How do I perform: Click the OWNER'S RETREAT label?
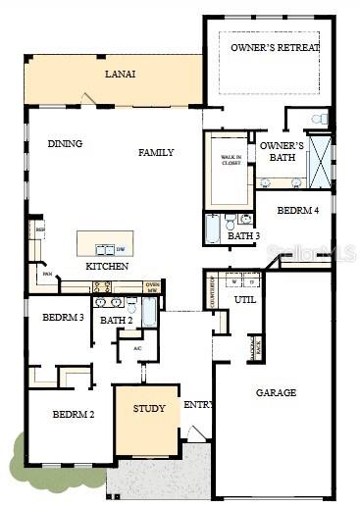coord(275,47)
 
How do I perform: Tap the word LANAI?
coord(122,74)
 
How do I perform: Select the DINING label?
coord(65,144)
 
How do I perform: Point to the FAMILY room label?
coord(156,152)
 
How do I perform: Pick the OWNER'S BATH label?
coord(282,151)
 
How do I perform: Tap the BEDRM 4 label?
coord(297,210)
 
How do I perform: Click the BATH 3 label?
coord(243,235)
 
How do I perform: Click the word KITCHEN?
coord(107,267)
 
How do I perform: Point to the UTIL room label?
coord(244,299)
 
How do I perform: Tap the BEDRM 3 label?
coord(62,317)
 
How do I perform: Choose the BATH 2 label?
coord(116,320)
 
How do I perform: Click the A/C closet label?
coord(137,348)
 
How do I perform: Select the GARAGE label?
coord(276,392)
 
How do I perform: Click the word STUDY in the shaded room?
coord(149,408)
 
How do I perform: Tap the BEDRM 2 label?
coord(74,415)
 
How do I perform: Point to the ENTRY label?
coord(198,404)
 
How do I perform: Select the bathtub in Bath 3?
coord(214,228)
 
